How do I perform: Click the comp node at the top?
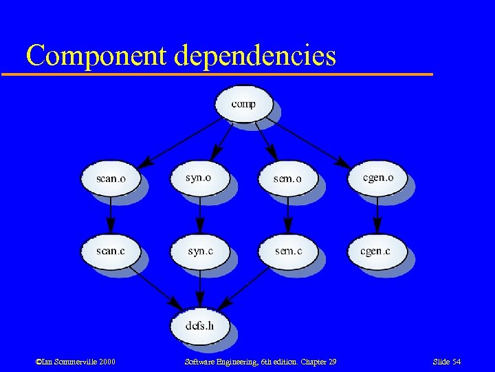click(243, 104)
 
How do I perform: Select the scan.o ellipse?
click(111, 178)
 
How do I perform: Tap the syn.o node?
click(199, 178)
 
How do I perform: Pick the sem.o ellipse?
click(287, 178)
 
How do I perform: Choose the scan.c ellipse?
click(111, 251)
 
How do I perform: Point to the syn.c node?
click(200, 251)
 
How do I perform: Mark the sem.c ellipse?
click(288, 251)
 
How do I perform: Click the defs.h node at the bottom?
click(199, 324)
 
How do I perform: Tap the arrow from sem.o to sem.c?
click(288, 215)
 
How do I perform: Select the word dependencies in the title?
click(255, 55)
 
